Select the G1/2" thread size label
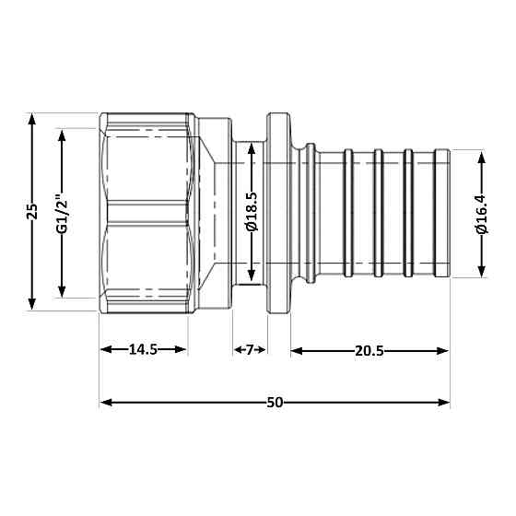point(63,214)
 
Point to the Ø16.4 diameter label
point(481,214)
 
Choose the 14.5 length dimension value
point(143,349)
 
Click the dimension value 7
point(248,349)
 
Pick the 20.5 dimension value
point(369,349)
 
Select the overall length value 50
point(275,402)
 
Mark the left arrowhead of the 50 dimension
point(106,403)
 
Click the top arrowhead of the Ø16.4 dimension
point(481,158)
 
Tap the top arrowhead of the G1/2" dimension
point(63,135)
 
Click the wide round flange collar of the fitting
point(276,214)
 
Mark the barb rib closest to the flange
point(348,214)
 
